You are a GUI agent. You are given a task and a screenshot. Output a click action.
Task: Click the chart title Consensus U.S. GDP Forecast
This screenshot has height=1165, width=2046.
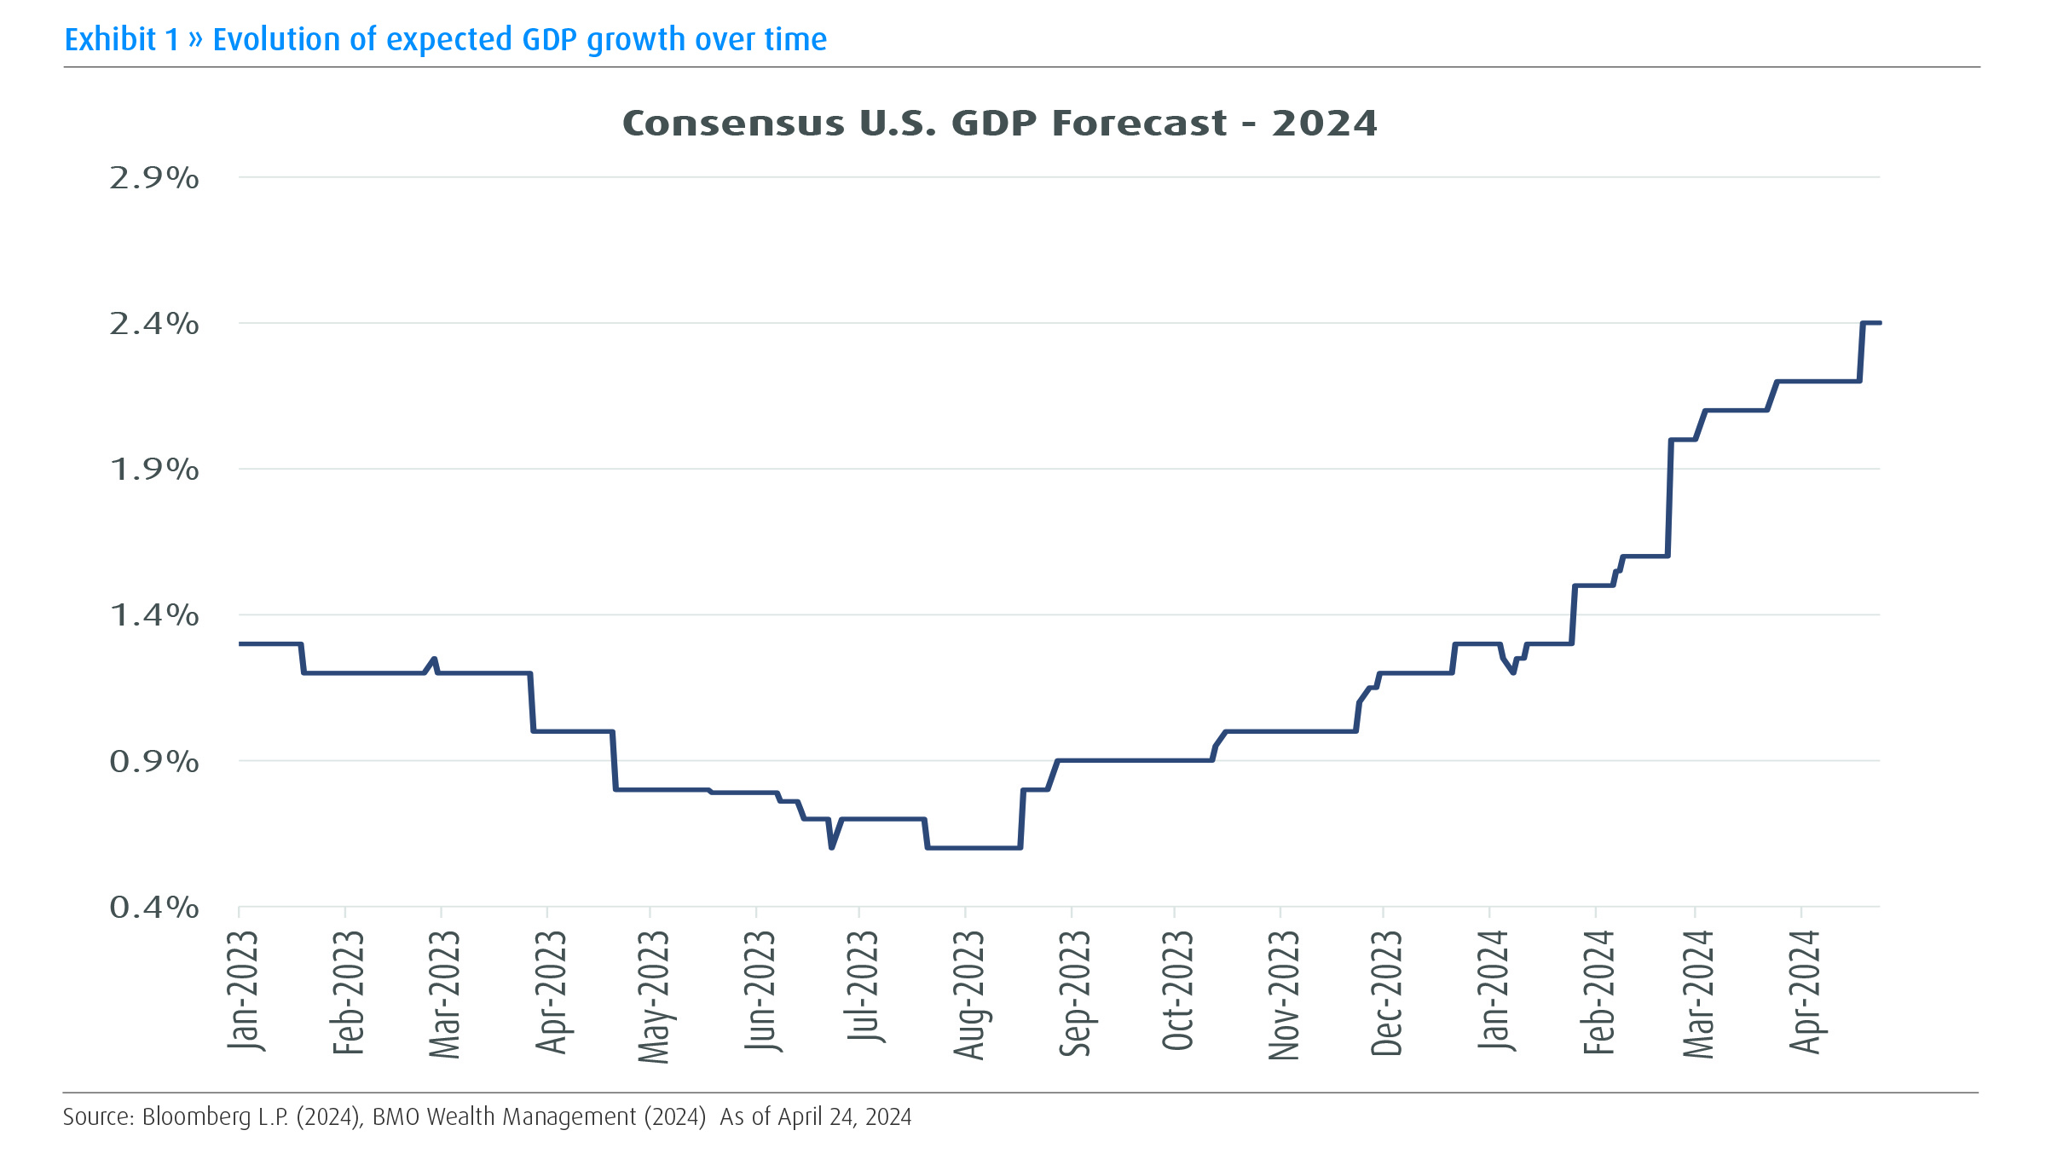(999, 124)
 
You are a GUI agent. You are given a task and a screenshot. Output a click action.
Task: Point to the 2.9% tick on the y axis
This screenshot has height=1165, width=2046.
(154, 178)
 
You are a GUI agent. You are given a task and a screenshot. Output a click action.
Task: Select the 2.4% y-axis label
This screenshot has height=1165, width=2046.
(154, 324)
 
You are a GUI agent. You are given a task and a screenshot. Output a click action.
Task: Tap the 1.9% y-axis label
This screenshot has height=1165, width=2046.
(154, 470)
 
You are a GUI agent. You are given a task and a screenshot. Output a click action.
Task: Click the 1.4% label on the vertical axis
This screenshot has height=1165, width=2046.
(154, 615)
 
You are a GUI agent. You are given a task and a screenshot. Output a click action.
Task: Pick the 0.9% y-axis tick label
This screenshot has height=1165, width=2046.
(154, 761)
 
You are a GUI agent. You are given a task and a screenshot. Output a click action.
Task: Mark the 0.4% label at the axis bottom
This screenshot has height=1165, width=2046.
(154, 908)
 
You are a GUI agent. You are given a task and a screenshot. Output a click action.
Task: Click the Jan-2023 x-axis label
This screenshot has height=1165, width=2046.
(243, 990)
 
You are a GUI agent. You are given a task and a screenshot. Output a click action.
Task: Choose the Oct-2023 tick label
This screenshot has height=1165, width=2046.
(1178, 990)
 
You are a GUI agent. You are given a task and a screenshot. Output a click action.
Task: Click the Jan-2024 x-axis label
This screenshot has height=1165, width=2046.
(1494, 990)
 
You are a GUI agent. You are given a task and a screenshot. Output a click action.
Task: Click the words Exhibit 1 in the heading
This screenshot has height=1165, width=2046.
(122, 40)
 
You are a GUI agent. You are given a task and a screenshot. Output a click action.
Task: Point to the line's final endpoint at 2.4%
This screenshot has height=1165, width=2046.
(1879, 323)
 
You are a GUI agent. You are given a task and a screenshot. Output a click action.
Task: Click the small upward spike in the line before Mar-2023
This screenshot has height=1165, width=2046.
(435, 659)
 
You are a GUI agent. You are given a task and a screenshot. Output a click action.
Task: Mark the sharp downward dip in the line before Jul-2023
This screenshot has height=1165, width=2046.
(831, 847)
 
